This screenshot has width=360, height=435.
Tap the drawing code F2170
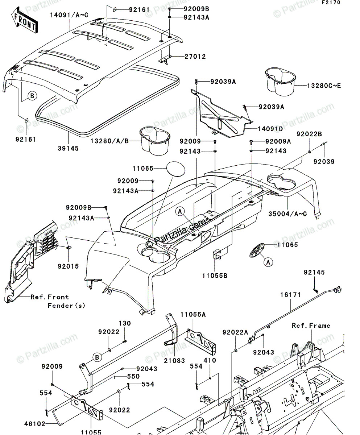coord(340,3)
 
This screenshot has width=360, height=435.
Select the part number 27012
coord(195,57)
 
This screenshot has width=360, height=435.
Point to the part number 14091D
coord(271,129)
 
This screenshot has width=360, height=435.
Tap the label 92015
coord(68,266)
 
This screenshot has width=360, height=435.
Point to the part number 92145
coord(314,273)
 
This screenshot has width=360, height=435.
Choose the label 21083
coord(174,361)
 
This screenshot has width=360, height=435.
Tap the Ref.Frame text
coord(311,326)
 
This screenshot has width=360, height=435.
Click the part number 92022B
coord(309,134)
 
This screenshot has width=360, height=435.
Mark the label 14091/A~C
coord(70,15)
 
